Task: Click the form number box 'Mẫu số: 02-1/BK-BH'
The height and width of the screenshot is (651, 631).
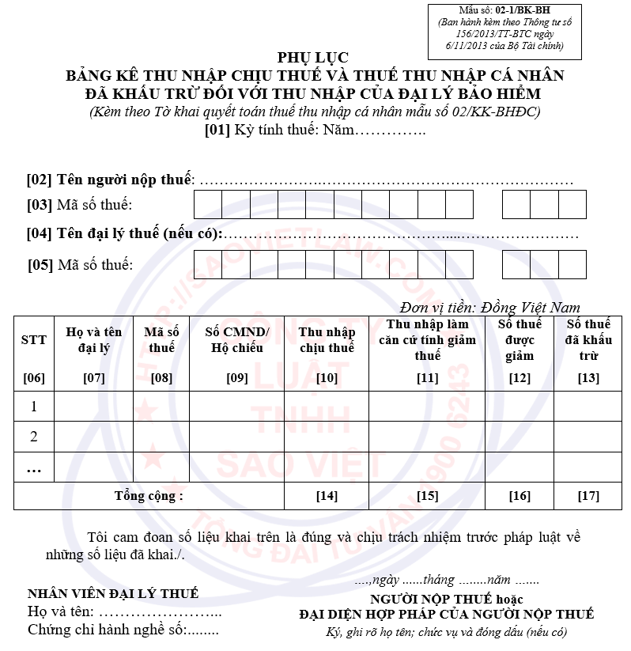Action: (x=505, y=31)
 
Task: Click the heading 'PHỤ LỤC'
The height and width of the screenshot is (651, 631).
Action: (x=312, y=58)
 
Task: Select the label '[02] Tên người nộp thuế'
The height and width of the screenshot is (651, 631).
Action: (x=110, y=180)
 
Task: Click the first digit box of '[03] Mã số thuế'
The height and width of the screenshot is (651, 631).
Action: (x=208, y=205)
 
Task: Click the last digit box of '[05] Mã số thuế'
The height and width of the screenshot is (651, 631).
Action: (x=572, y=265)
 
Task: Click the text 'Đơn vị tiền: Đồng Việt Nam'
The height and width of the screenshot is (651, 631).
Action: (x=490, y=308)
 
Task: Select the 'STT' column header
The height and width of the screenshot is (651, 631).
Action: (x=33, y=339)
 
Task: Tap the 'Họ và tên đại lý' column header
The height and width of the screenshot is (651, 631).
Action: (x=93, y=340)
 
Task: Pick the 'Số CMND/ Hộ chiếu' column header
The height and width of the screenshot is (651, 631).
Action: (x=237, y=339)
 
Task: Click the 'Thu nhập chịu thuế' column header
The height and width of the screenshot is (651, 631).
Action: (x=327, y=339)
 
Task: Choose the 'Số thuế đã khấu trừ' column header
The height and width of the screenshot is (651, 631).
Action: (x=588, y=340)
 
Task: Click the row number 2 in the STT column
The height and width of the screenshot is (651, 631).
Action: (x=34, y=437)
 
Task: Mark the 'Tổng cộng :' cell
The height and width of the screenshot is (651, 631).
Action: (x=149, y=496)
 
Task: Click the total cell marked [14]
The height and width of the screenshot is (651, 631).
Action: (x=327, y=496)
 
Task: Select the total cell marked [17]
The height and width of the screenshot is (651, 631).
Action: (x=588, y=496)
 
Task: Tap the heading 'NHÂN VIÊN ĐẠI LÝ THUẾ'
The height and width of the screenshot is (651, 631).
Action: (x=113, y=593)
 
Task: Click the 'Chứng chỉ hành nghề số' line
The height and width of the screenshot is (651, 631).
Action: (x=123, y=630)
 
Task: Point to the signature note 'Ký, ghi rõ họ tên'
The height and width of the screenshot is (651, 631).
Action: (x=446, y=632)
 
